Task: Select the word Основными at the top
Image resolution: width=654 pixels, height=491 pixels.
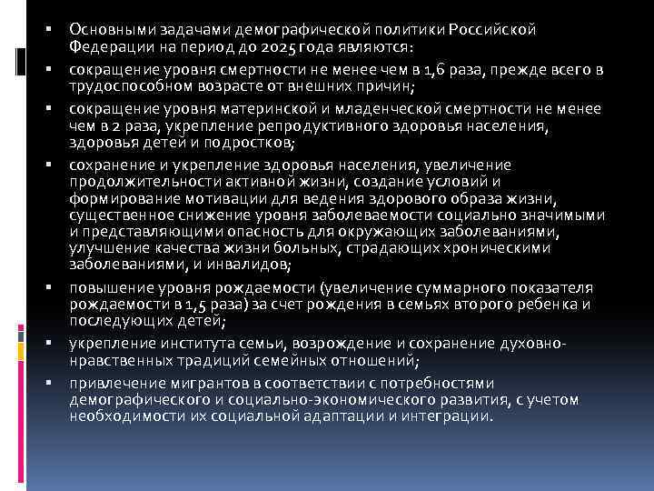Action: click(x=107, y=30)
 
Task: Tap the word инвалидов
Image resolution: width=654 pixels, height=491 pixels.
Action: click(x=244, y=266)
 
